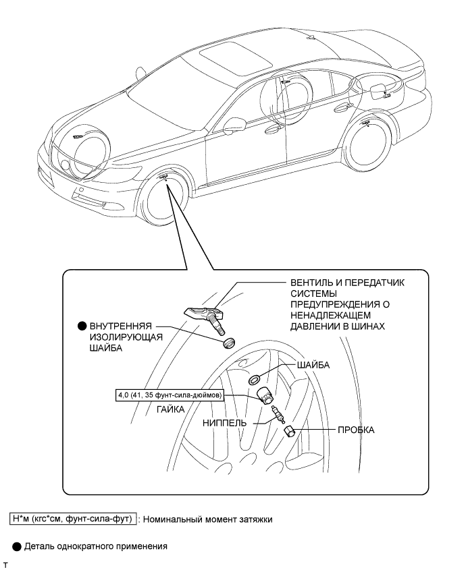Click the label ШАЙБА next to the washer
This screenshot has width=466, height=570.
[312, 365]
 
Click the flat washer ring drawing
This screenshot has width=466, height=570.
[257, 380]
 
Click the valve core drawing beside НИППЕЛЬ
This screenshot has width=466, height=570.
[274, 415]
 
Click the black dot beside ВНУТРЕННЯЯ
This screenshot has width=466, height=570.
[82, 325]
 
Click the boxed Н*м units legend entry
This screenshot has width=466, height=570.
[73, 518]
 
